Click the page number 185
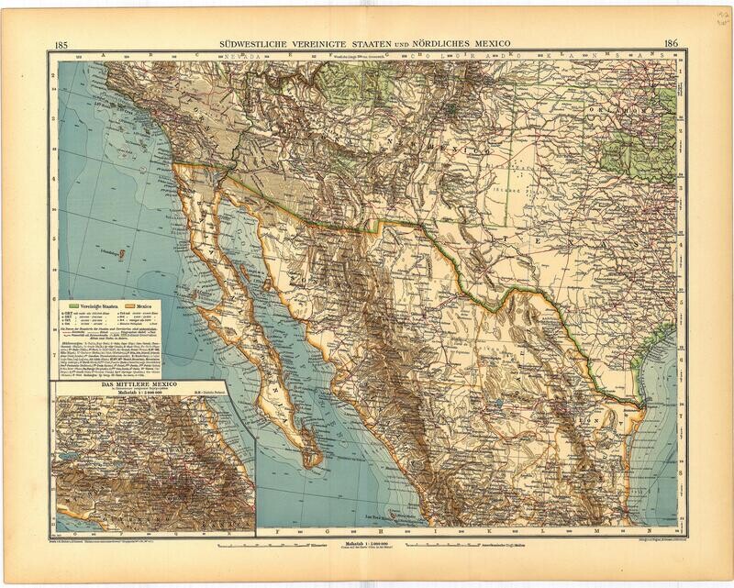(62, 44)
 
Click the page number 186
(670, 43)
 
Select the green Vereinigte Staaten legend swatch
(76, 303)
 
